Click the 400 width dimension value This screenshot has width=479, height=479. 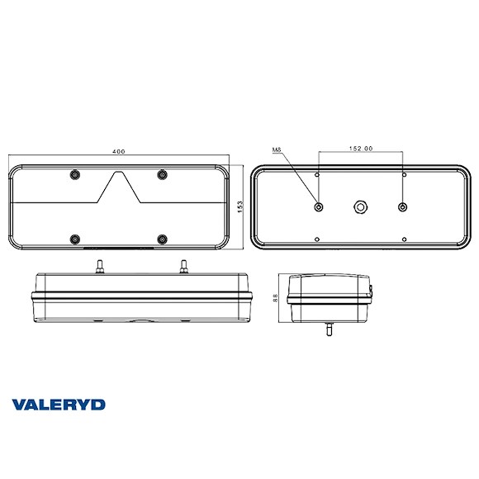(x=120, y=152)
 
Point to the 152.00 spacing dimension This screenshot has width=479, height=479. (x=360, y=149)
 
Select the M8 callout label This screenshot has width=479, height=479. (x=277, y=149)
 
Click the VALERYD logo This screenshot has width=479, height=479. (x=59, y=404)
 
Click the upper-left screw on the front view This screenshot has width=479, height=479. (x=75, y=174)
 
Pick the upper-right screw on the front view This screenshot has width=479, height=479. (x=163, y=174)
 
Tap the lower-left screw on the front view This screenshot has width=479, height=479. (x=75, y=239)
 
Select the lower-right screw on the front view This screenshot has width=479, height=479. (x=163, y=239)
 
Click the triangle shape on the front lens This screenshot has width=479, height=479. (x=120, y=188)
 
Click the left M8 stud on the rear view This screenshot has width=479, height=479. (x=319, y=206)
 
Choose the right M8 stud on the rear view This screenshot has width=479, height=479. (x=402, y=206)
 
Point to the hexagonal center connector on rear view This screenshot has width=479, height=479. (x=360, y=206)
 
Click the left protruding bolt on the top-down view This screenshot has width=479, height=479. (x=98, y=266)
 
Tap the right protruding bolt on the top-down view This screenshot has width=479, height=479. (x=182, y=266)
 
